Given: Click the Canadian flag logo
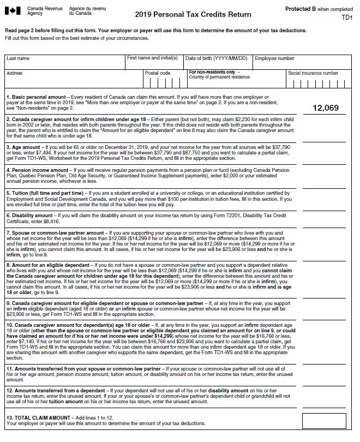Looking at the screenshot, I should click(15, 10).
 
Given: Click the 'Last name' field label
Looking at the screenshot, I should click(19, 58).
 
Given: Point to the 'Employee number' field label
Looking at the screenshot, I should click(274, 58).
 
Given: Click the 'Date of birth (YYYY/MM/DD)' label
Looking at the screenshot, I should click(216, 58).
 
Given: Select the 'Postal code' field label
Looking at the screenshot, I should click(158, 73).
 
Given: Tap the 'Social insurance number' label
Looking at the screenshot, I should click(313, 73).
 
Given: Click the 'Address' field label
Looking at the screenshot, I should click(15, 73).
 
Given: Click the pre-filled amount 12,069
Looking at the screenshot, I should click(325, 108).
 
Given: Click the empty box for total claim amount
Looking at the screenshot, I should click(324, 421).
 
